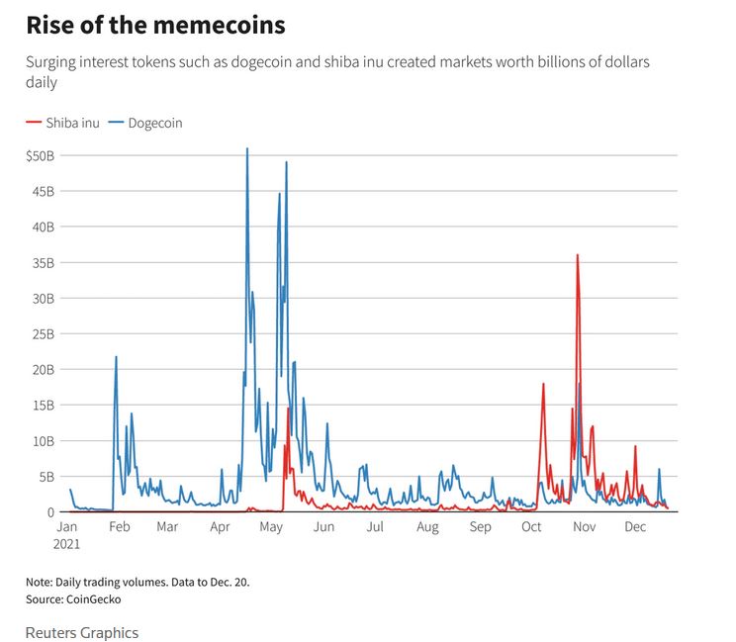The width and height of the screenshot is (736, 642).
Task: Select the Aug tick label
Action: click(426, 527)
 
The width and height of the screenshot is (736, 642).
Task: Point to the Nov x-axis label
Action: click(584, 527)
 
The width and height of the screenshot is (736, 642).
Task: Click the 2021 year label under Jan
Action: click(67, 543)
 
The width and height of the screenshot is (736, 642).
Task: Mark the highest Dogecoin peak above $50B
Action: click(247, 149)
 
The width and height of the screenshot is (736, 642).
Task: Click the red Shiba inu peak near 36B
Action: click(577, 255)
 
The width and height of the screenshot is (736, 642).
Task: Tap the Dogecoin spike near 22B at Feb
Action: click(116, 357)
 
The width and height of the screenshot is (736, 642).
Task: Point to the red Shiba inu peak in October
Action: click(543, 384)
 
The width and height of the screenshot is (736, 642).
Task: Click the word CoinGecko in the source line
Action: click(94, 598)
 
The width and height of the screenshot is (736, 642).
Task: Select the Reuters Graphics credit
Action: click(82, 632)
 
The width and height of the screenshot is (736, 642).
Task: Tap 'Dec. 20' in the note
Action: click(228, 582)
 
